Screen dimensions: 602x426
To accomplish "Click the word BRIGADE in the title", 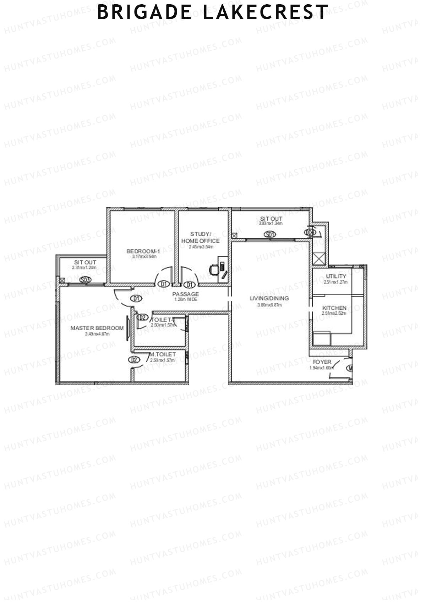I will pos(144,12).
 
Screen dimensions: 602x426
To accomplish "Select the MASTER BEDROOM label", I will pos(97,328).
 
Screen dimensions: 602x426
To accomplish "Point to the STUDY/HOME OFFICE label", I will pos(201,237).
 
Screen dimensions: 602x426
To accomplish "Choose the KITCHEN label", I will pos(334,308).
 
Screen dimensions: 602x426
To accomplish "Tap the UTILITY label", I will pos(336,276).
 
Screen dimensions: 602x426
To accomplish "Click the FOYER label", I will pos(322,362).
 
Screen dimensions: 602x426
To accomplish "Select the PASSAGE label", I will pos(186,294).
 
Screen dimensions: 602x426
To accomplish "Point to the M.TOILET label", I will pos(163,354).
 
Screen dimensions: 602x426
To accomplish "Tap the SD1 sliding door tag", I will pos(270,234).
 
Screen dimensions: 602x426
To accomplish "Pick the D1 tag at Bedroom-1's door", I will pos(164,284).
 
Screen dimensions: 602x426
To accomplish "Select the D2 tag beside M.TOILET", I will pos(134,360).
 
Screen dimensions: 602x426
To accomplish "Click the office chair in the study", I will pos(214,270).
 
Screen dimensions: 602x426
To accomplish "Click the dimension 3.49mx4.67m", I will pos(97,334).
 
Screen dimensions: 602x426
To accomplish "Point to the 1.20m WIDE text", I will pos(186,300).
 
